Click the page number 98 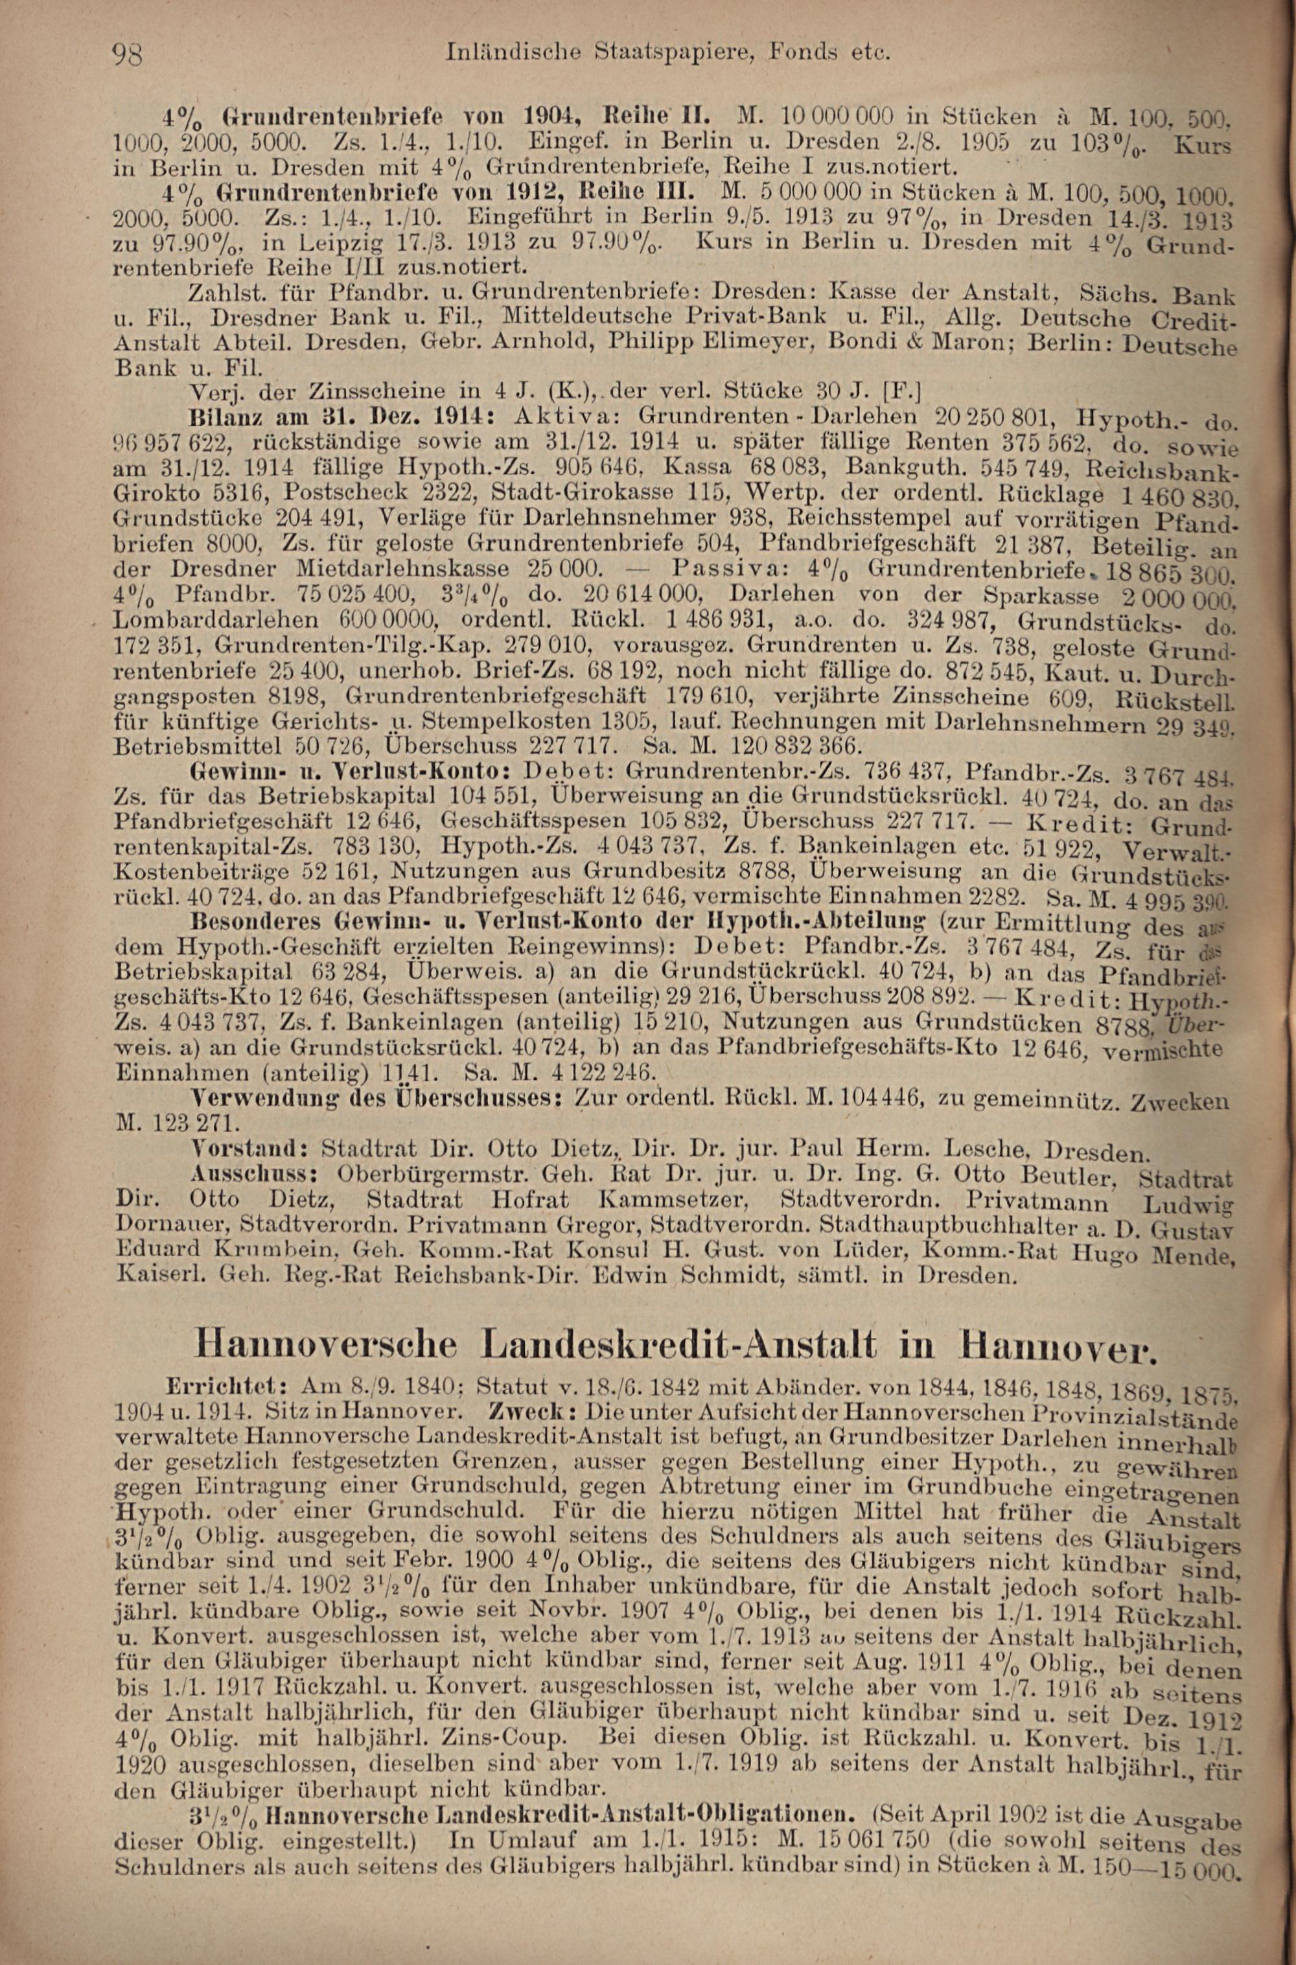coord(130,56)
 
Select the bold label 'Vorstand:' coord(249,1149)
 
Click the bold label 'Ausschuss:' coord(250,1173)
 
